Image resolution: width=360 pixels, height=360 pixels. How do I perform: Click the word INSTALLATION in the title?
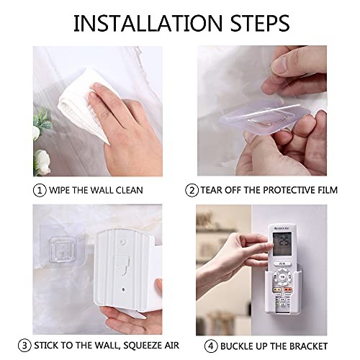(x=148, y=23)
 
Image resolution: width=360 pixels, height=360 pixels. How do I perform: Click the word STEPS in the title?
(x=260, y=23)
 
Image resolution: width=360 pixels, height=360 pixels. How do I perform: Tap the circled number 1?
(x=40, y=191)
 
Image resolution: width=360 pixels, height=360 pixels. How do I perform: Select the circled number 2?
(x=192, y=191)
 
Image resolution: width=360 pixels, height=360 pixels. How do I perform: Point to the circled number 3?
(x=24, y=346)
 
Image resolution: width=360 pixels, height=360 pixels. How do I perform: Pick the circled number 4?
(x=211, y=346)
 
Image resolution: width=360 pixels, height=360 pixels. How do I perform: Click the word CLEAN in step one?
(x=130, y=190)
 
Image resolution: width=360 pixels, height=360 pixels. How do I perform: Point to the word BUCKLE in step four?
(x=236, y=346)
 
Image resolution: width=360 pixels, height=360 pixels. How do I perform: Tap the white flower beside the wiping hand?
(x=42, y=162)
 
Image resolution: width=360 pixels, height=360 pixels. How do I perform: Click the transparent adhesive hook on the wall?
(x=61, y=248)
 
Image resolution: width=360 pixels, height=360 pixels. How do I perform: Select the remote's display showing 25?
(x=282, y=243)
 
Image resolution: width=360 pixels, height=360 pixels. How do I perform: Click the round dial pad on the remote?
(x=283, y=277)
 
